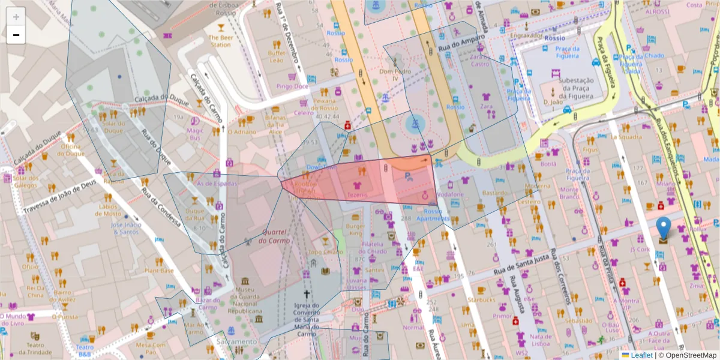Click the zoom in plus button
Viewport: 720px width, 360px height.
click(x=16, y=17)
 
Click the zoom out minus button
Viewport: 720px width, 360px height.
click(x=16, y=35)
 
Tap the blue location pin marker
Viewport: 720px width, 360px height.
click(x=663, y=229)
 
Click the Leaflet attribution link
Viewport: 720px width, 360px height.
click(x=641, y=355)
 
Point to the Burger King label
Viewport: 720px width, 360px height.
click(x=355, y=230)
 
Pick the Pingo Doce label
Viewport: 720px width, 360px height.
click(x=292, y=86)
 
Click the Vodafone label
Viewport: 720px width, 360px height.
click(x=451, y=195)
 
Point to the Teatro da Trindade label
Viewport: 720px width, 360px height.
click(x=34, y=349)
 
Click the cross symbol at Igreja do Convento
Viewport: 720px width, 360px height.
click(x=307, y=294)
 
